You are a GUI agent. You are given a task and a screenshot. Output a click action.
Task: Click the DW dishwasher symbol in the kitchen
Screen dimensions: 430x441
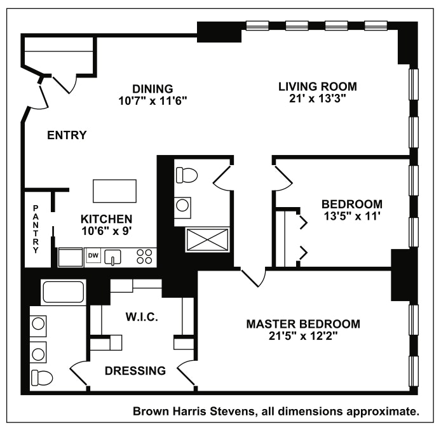[x=93, y=255]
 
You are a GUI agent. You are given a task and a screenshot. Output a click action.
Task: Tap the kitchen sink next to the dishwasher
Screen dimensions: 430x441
[x=113, y=257]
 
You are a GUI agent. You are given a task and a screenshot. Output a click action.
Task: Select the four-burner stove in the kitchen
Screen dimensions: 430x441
[x=144, y=256]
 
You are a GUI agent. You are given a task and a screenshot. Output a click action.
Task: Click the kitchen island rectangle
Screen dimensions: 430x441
[x=114, y=189]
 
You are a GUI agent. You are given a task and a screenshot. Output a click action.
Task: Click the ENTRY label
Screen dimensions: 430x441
[x=67, y=135]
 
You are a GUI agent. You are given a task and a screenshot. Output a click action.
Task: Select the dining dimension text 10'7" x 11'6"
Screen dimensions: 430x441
[x=153, y=100]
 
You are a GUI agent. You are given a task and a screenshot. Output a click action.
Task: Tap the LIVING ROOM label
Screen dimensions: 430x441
[x=318, y=86]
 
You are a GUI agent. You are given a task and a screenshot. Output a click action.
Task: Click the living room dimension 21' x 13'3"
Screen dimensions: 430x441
[x=318, y=98]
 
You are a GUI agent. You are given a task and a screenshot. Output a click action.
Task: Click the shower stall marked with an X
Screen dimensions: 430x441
[x=207, y=240]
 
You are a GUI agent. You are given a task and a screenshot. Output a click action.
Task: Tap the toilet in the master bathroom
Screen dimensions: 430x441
[x=42, y=377]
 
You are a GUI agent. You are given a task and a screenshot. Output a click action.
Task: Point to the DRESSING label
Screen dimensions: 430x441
[x=135, y=370]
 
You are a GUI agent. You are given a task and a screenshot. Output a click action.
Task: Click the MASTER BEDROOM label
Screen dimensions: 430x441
[x=302, y=324]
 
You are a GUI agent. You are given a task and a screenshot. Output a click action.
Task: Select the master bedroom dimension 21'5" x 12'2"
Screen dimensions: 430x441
[x=302, y=336]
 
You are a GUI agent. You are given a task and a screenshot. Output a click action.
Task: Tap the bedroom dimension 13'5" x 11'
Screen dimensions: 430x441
[x=351, y=216]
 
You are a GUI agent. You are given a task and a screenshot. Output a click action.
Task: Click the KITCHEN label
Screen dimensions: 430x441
[x=106, y=218]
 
